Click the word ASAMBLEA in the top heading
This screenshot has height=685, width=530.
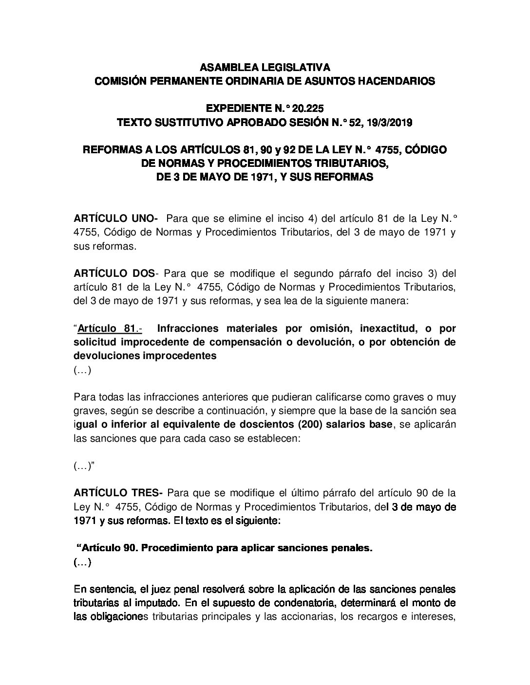(217, 67)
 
